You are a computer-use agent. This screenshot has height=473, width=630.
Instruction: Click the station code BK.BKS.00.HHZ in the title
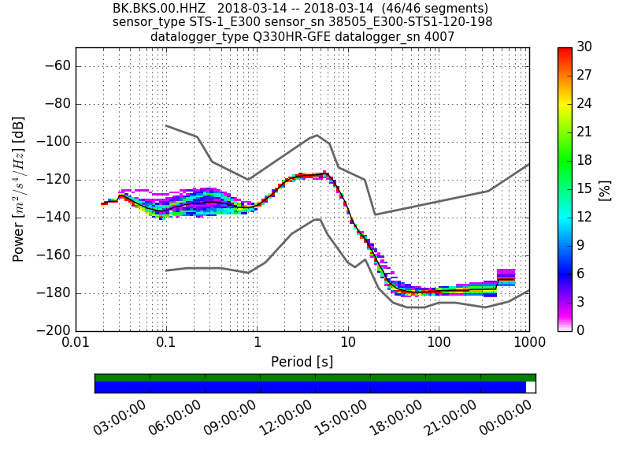coord(159,9)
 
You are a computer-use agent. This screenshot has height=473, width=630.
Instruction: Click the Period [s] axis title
coord(302,362)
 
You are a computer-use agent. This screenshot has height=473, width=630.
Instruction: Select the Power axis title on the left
coord(18,189)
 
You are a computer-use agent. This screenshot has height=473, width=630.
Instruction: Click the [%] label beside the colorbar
coord(605,190)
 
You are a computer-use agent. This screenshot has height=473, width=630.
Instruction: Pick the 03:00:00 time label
coord(120,418)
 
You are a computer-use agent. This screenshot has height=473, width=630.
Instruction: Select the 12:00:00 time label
coord(285,418)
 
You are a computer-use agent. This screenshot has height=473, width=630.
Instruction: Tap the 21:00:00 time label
coord(450,418)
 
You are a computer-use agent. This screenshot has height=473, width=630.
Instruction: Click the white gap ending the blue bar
coord(531,387)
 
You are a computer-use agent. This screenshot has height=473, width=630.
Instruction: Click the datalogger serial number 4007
coord(439,36)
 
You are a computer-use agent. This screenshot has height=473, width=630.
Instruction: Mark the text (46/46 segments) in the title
coord(438,9)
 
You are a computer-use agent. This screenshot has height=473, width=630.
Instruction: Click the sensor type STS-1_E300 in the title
coord(217,22)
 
